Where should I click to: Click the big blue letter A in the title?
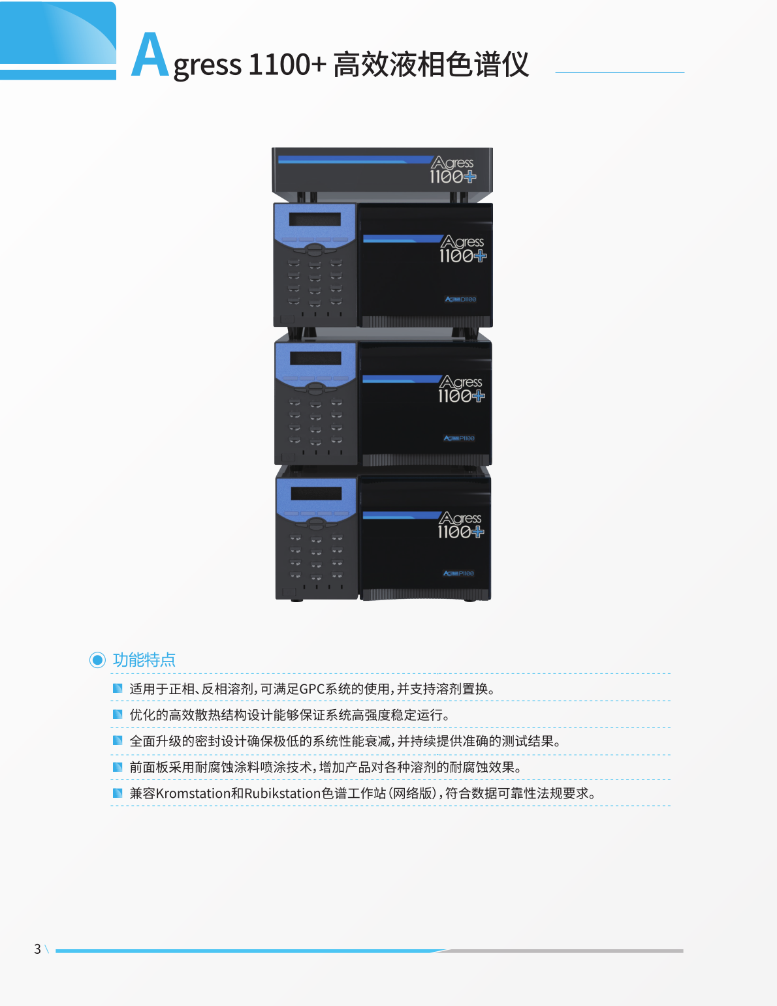(150, 56)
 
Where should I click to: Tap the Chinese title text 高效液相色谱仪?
(431, 65)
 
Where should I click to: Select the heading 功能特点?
(144, 660)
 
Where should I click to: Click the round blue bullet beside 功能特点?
(97, 660)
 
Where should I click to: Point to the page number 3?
(38, 949)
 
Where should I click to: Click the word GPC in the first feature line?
(311, 689)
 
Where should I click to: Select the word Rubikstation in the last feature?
(282, 793)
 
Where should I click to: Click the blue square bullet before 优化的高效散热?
(118, 714)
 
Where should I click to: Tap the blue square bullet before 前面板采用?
(118, 767)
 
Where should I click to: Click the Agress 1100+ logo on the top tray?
(452, 170)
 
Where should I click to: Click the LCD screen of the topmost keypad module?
(315, 219)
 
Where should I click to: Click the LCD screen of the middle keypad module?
(315, 358)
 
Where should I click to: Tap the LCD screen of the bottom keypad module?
(316, 493)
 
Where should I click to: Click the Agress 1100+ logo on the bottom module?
(461, 525)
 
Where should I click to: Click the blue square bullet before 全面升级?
(118, 740)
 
